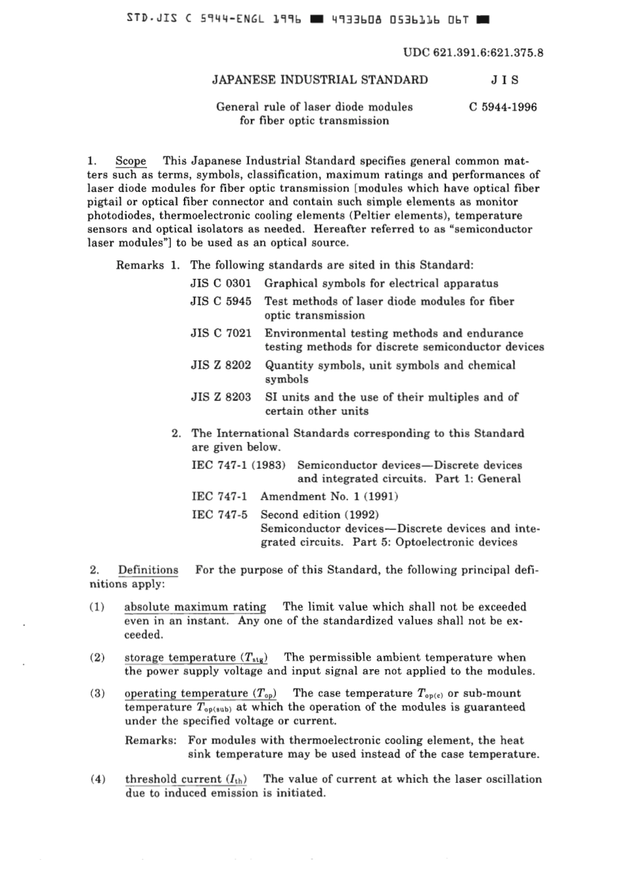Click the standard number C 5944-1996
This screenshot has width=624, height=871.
[503, 106]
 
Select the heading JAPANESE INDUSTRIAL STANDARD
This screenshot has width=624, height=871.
[320, 80]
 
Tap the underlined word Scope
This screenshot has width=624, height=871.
[131, 161]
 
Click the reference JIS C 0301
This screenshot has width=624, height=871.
[221, 283]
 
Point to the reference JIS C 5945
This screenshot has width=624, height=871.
[221, 301]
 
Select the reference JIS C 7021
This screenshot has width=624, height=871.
[221, 333]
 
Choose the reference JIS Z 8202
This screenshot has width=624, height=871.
[221, 365]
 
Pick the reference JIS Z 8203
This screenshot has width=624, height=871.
[221, 397]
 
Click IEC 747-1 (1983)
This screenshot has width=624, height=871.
[238, 465]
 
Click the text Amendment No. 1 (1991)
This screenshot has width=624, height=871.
[329, 496]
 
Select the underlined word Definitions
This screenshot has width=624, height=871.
[148, 570]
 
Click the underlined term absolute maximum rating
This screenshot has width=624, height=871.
[195, 607]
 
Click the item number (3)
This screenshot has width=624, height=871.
[97, 694]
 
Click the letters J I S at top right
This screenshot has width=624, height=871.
[504, 80]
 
